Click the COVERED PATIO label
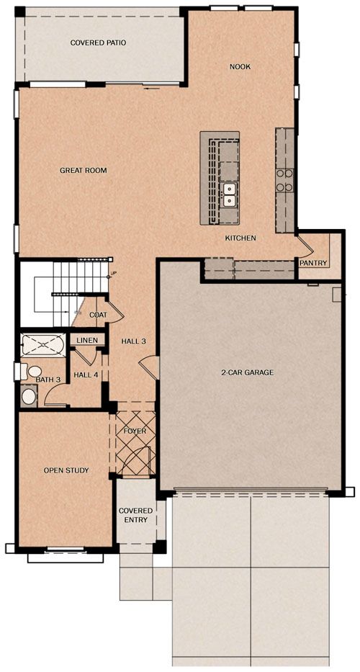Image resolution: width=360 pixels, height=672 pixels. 98,43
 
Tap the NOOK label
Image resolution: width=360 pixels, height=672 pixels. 240,67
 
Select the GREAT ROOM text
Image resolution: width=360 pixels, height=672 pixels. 83,170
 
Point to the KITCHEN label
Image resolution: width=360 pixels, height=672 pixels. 240,238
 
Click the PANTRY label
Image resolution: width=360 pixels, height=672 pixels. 314,263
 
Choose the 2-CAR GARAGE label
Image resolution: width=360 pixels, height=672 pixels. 247,372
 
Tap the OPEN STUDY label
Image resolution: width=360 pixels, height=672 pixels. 66,470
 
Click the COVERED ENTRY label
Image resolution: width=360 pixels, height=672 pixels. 135,515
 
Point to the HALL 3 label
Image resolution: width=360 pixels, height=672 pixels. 134,341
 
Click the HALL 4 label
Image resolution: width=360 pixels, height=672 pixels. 86,375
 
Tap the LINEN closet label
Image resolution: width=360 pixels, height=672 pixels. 87,341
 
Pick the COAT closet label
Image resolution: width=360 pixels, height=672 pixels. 98,315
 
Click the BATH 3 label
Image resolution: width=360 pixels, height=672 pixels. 48,380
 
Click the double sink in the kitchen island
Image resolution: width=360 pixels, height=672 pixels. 230,194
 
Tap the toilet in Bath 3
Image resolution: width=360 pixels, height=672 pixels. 32,371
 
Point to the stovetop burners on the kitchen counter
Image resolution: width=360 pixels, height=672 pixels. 284,180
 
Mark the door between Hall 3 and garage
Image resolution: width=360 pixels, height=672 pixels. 149,367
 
